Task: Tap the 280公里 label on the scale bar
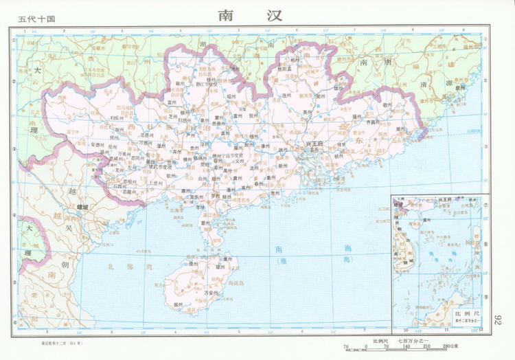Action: tap(450, 347)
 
